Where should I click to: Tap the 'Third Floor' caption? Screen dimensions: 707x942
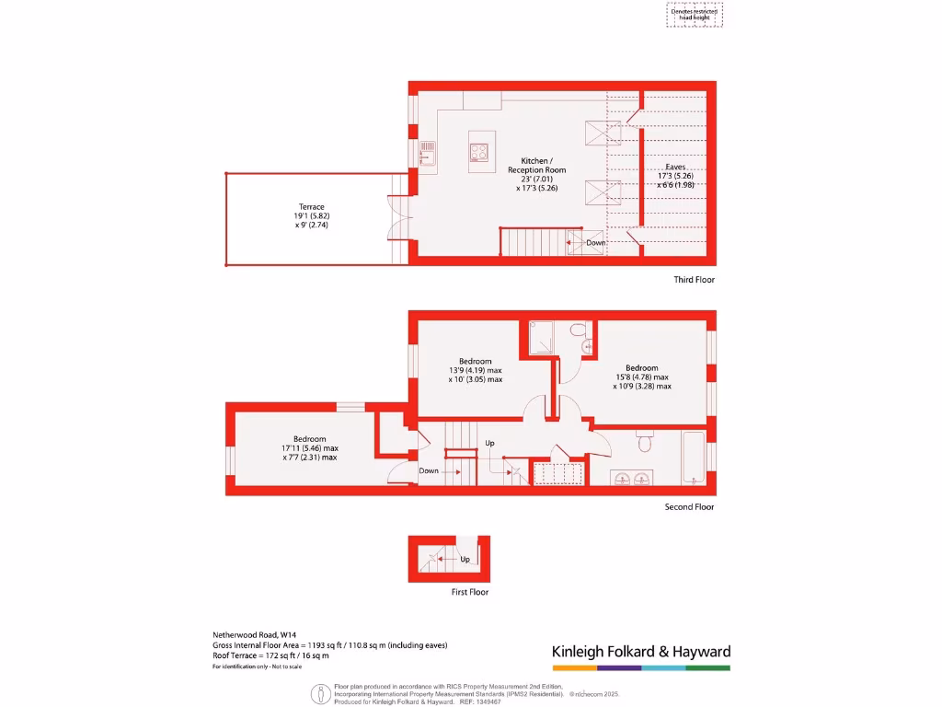(x=694, y=280)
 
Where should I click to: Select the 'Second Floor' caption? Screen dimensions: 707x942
(x=689, y=507)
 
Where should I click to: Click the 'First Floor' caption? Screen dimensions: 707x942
(x=469, y=593)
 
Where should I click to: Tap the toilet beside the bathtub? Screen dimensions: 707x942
(x=645, y=445)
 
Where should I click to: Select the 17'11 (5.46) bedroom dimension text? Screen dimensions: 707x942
(x=309, y=448)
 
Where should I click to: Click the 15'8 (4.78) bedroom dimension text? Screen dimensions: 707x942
(x=641, y=377)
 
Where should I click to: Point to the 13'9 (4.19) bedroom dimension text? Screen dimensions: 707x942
(x=475, y=370)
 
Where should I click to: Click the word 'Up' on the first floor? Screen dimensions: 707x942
(x=465, y=559)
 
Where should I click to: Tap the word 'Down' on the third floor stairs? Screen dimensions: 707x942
(x=596, y=243)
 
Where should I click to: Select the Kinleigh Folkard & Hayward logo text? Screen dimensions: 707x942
(x=641, y=652)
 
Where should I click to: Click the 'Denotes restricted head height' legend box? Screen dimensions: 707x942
(x=695, y=15)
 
